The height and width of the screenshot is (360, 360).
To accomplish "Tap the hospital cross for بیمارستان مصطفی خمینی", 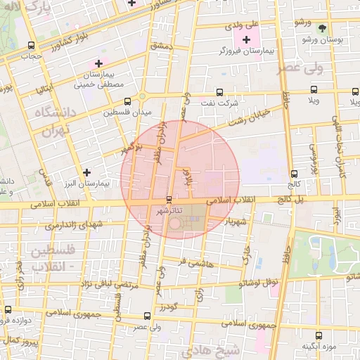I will pyautogui.click(x=99, y=65).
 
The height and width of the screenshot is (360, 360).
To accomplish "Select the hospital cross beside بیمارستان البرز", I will pyautogui.click(x=86, y=172).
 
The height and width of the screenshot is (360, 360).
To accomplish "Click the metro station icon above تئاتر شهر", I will pyautogui.click(x=169, y=200).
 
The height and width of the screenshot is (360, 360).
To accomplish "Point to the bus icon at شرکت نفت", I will pyautogui.click(x=219, y=91).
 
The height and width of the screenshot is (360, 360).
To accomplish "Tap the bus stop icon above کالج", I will pyautogui.click(x=293, y=174).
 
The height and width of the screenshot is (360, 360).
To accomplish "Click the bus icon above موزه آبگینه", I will pyautogui.click(x=319, y=335).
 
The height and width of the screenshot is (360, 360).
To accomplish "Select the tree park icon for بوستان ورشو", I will pyautogui.click(x=322, y=29).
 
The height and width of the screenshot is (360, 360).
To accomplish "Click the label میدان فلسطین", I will pyautogui.click(x=127, y=112).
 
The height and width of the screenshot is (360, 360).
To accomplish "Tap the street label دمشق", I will pyautogui.click(x=161, y=46).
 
